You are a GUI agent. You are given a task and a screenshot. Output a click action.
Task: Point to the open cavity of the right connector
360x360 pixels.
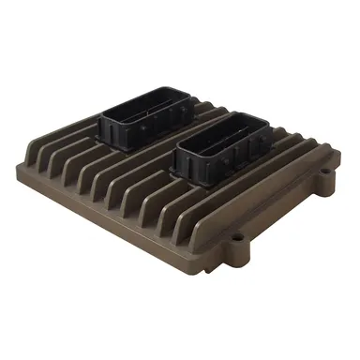coord(228,127)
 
